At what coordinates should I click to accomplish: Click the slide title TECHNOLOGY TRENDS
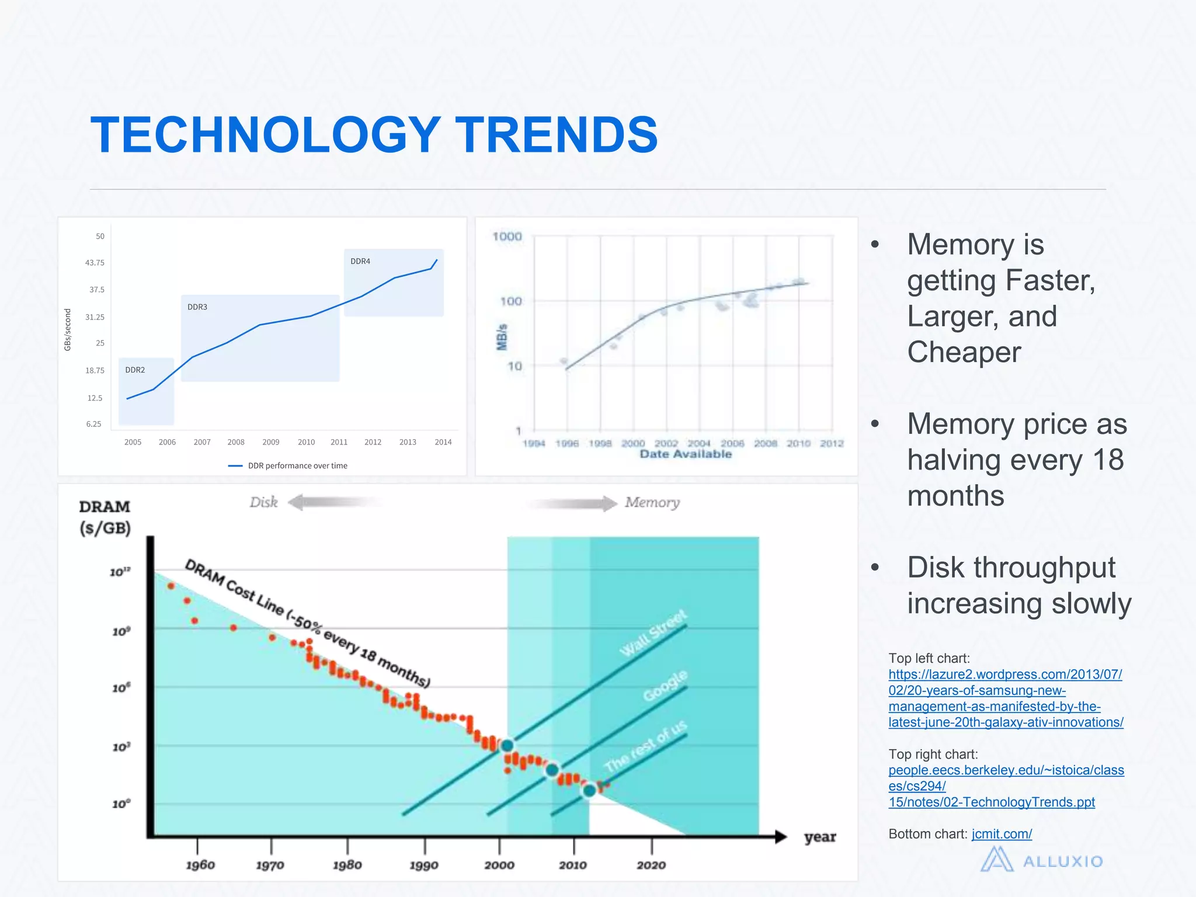374,135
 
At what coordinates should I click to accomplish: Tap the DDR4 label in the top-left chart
360,261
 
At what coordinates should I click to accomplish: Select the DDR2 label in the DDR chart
135,370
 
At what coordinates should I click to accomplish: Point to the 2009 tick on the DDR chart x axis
270,442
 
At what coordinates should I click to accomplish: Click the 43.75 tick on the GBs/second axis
95,263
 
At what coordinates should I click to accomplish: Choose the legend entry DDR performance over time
297,465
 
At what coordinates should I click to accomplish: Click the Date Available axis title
685,454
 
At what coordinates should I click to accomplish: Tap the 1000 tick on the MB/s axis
506,237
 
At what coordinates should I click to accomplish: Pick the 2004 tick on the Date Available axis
698,444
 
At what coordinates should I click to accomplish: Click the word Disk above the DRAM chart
263,502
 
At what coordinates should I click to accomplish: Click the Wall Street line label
653,633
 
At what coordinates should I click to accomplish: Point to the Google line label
665,686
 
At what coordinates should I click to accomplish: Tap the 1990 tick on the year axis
423,865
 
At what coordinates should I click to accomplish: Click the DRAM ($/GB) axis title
105,517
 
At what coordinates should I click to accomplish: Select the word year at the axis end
819,837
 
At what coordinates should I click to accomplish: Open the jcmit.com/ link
1001,834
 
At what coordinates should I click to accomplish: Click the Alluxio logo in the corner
1041,861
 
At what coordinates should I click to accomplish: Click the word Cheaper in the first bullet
964,352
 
